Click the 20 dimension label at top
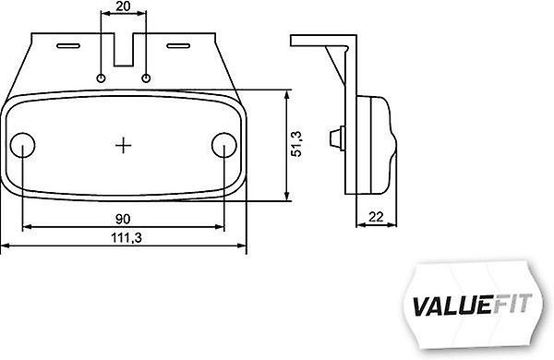pos(123,6)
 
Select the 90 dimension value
pos(123,220)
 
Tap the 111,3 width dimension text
pos(126,238)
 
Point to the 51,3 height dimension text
pos(296,144)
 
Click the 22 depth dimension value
pos(376,217)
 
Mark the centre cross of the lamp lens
pos(124,145)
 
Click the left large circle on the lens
pos(22,145)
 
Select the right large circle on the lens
pos(224,145)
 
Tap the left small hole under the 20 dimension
pos(101,78)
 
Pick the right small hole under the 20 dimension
pos(146,78)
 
